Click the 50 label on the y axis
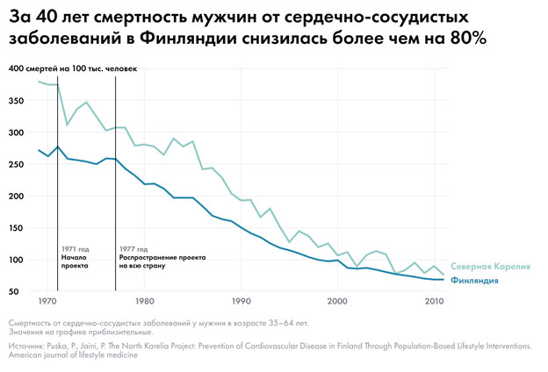point(16,291)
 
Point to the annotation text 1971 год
point(76,249)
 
